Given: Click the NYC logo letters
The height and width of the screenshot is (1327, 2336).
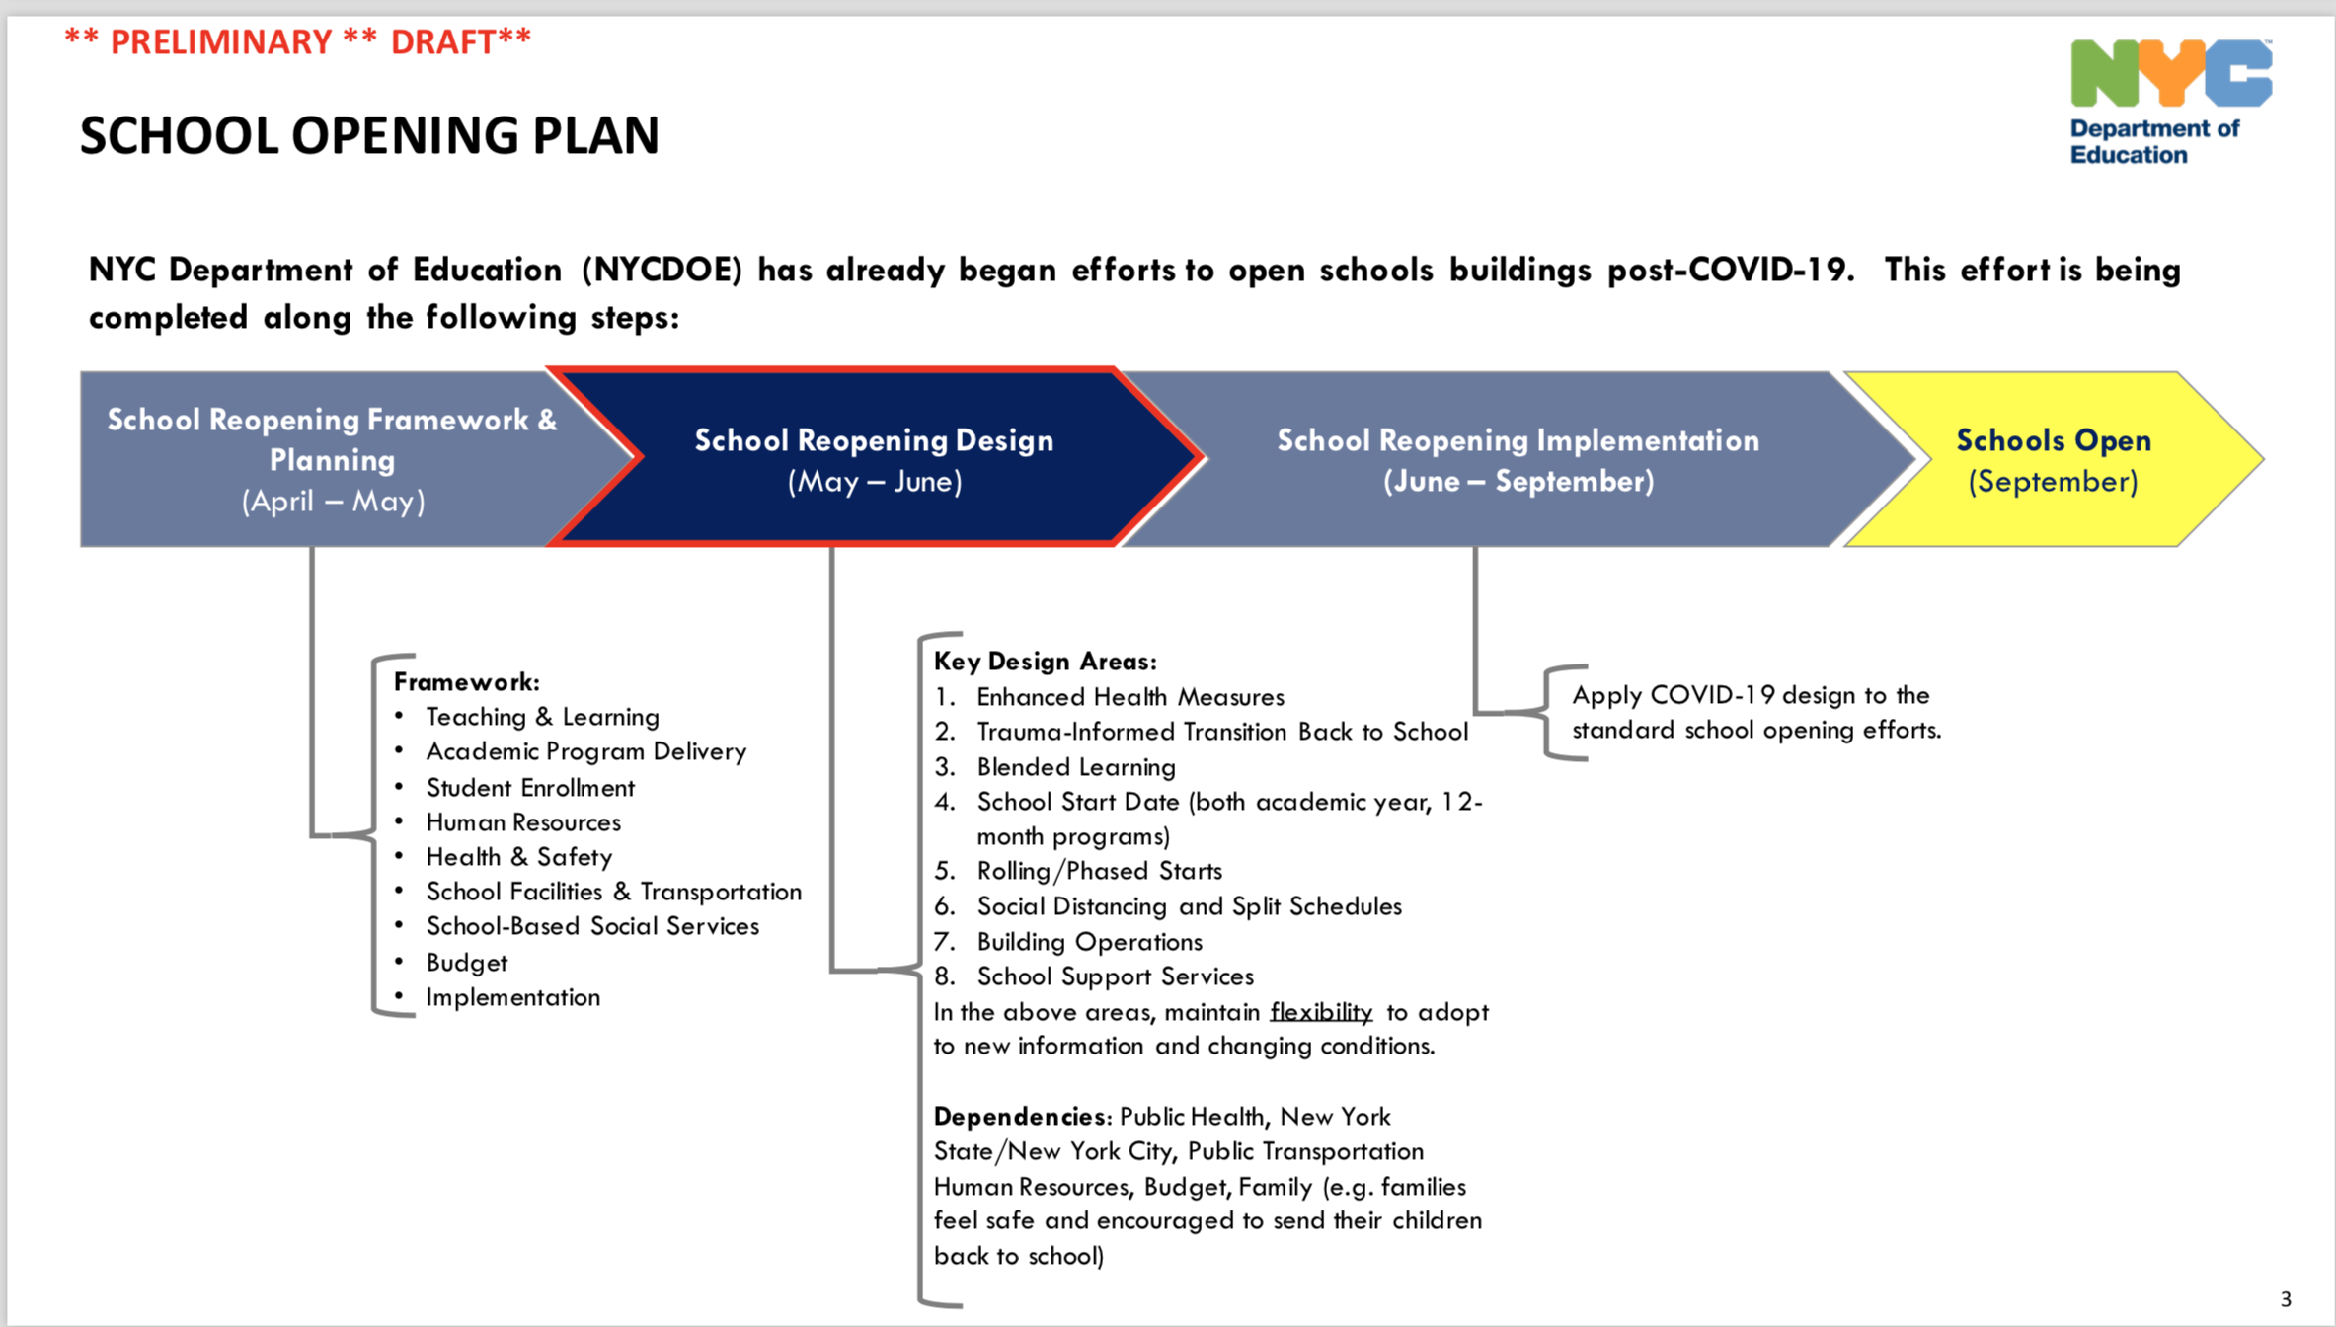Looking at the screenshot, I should click(2170, 73).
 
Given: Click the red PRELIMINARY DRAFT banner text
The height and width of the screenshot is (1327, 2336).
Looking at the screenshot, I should click(297, 42).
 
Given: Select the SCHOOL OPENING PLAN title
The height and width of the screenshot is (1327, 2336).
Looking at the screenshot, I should click(369, 135).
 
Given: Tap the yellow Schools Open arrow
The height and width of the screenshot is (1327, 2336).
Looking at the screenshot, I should click(2052, 459).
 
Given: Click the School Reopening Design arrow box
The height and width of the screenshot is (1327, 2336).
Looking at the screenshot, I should click(874, 459).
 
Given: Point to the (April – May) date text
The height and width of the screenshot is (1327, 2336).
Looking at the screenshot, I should click(334, 502).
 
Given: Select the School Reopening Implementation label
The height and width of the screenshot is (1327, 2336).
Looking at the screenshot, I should click(1518, 440).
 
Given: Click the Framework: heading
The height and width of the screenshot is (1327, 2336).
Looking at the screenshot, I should click(466, 682).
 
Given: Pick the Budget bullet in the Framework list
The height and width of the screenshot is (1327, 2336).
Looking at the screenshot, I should click(466, 963).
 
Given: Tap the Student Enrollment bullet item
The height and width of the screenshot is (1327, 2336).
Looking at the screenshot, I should click(530, 788).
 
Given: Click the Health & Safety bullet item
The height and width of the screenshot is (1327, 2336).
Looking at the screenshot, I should click(519, 857).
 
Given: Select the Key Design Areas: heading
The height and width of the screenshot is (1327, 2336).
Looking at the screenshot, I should click(1045, 662).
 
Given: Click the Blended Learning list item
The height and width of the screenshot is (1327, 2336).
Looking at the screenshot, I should click(1076, 767).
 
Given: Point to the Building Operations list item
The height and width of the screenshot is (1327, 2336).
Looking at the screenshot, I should click(1089, 942).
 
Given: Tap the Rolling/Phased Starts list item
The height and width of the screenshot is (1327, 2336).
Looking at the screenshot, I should click(1099, 871).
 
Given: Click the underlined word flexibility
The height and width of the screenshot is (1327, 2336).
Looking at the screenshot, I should click(1321, 1012).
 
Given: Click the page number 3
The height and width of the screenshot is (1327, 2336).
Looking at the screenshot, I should click(2286, 1299).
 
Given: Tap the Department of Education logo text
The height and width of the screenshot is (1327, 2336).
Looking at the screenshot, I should click(2153, 142).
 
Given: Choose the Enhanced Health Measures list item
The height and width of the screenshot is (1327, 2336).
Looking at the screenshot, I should click(1129, 697).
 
